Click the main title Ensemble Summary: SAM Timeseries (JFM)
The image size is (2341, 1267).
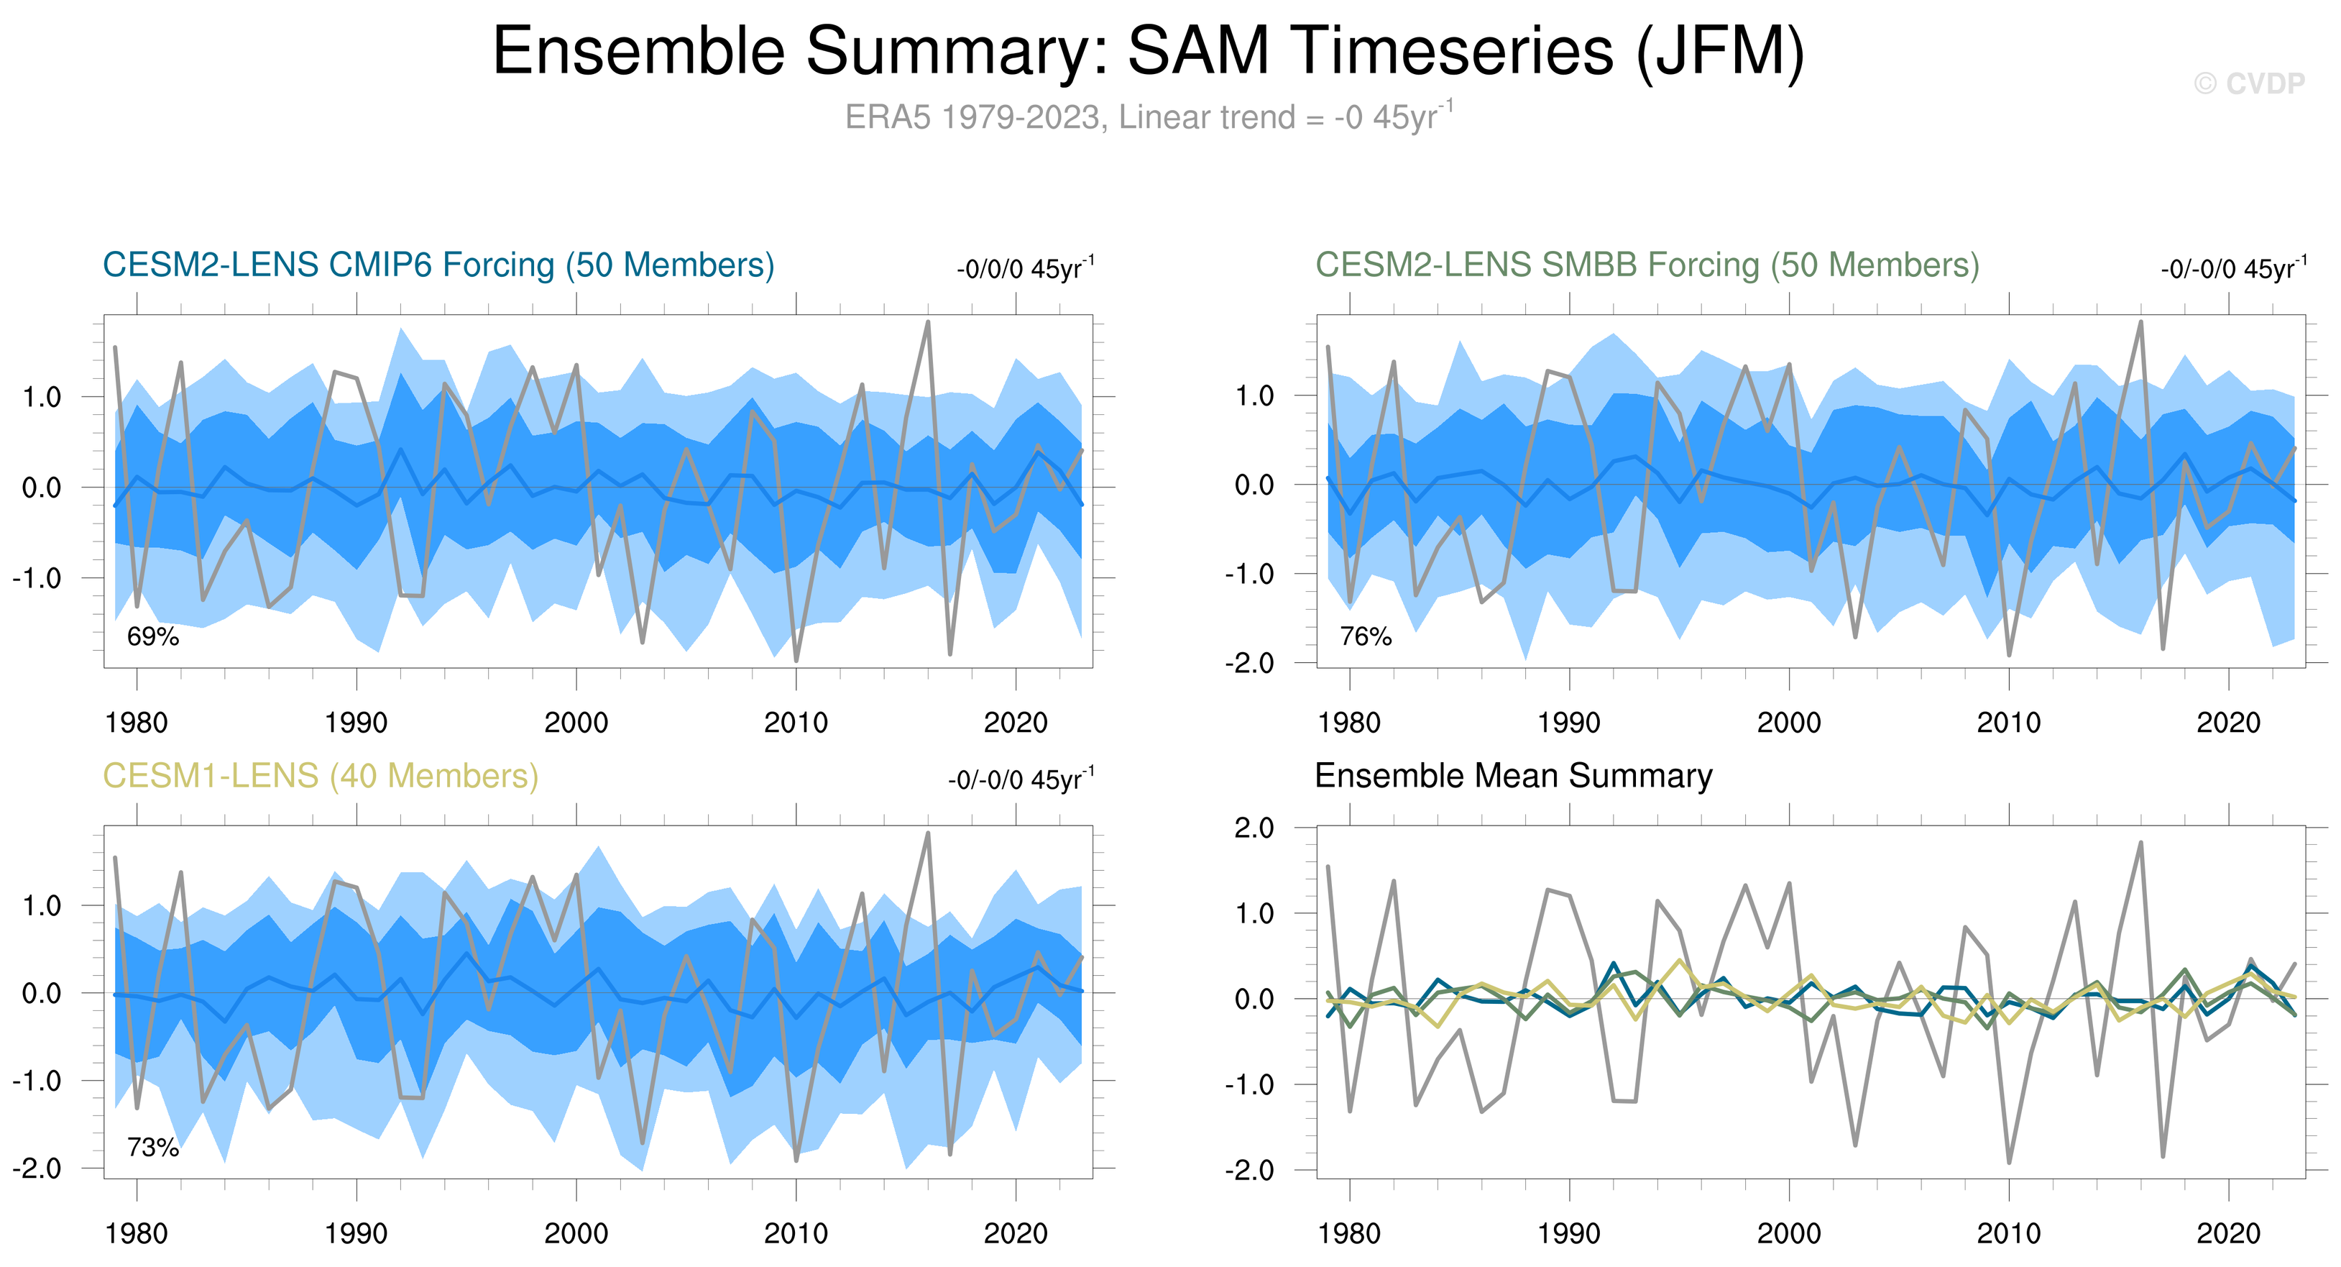click(1149, 51)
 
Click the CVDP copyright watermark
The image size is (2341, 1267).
click(2248, 83)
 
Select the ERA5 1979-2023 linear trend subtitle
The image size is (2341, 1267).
click(1149, 117)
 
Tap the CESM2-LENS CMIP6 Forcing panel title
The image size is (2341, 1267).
click(438, 265)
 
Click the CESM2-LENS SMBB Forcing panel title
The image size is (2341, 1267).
click(1647, 265)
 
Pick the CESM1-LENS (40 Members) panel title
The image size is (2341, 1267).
click(320, 776)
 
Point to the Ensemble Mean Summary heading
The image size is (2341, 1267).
click(1513, 776)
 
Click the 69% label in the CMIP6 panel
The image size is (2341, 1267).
click(152, 637)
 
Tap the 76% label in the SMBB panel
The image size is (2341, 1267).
click(1366, 637)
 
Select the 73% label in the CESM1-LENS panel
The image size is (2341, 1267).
click(152, 1148)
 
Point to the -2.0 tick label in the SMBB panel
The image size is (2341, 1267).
click(1249, 664)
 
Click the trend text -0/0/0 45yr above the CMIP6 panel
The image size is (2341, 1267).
click(1025, 269)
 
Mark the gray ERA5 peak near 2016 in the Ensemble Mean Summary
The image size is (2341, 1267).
click(2141, 843)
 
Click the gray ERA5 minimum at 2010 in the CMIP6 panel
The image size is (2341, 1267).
click(796, 660)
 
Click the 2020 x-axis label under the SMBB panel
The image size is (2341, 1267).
click(2228, 723)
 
